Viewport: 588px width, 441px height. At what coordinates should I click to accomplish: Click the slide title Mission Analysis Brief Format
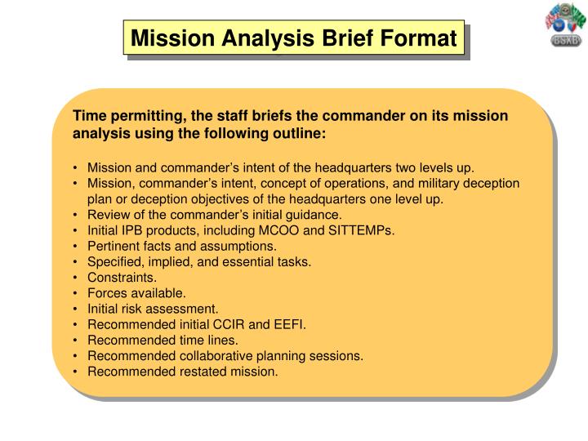294,38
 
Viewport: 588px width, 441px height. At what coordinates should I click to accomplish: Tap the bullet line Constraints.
122,277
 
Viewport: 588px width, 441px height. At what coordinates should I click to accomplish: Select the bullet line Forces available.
136,292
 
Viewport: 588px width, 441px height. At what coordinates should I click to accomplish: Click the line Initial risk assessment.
153,309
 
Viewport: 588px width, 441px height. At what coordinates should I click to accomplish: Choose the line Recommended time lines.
163,340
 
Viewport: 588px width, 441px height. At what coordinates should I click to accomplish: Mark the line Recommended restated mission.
183,371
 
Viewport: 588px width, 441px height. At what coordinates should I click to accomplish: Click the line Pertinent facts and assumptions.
182,246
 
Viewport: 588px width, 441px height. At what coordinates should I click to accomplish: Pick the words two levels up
434,167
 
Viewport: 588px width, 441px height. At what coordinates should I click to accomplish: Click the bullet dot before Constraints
76,277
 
